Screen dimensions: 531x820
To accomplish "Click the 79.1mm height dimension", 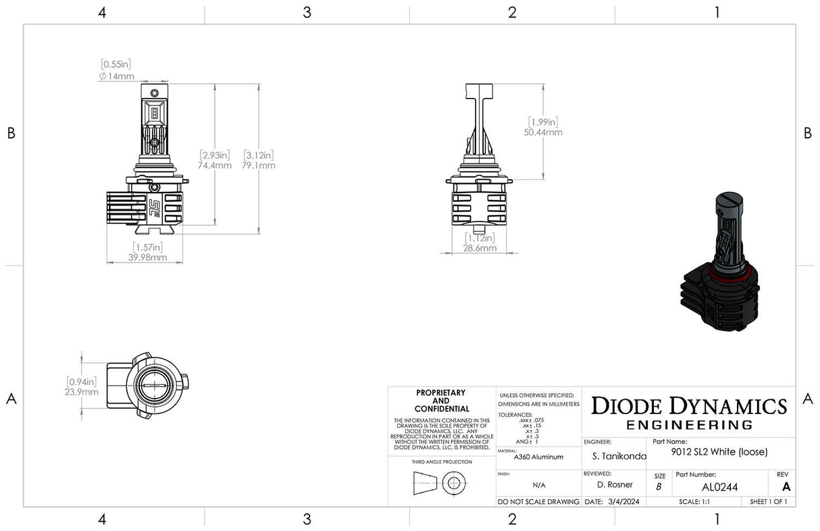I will click(x=259, y=165).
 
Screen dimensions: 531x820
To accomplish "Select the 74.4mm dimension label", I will click(x=215, y=165).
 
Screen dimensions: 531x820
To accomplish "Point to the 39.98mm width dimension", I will click(x=145, y=257).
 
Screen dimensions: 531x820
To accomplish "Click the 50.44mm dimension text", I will click(x=544, y=132).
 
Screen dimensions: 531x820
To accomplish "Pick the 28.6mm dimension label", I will click(x=480, y=248).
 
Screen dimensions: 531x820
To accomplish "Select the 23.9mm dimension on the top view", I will click(x=82, y=392).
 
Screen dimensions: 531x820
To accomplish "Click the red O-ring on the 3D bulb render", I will click(x=721, y=276).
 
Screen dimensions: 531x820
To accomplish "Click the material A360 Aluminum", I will click(x=530, y=457).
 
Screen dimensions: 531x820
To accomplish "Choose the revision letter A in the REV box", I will click(x=786, y=486).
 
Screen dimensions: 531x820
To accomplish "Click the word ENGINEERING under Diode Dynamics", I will click(x=689, y=425).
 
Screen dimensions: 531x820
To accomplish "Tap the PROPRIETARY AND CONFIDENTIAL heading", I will click(x=440, y=401).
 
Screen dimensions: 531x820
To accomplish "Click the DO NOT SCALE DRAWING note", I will click(x=538, y=502).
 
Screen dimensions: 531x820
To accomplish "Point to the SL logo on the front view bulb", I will click(x=155, y=205).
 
